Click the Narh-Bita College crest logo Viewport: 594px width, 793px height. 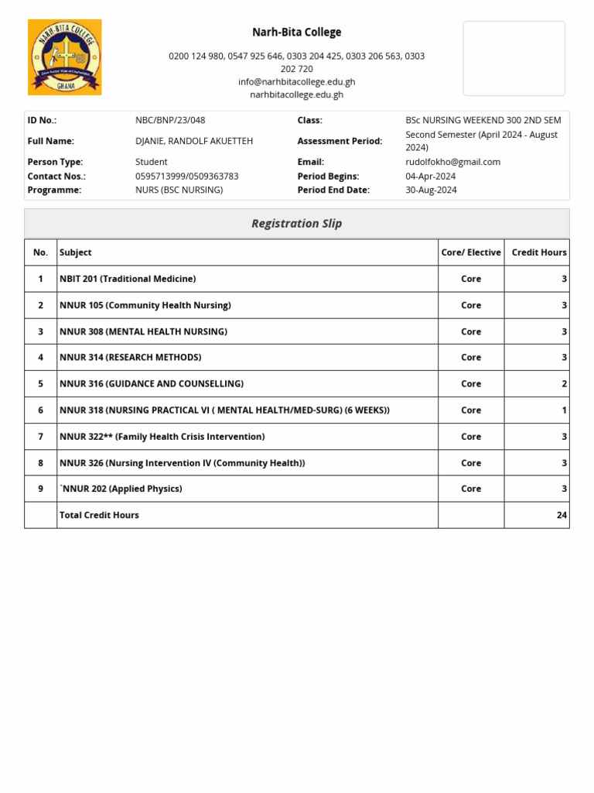65,57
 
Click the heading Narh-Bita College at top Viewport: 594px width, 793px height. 296,33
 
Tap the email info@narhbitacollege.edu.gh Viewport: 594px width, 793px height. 296,82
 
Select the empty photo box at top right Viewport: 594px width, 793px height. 514,59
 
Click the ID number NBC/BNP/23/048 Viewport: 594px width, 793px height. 170,120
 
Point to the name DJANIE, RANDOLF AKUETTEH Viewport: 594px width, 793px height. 194,141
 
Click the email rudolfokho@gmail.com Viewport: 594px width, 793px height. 452,162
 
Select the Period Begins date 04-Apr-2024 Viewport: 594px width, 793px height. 430,177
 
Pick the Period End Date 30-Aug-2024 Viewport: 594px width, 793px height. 431,190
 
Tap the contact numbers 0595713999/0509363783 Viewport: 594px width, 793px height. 186,177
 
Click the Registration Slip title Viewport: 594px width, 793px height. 296,224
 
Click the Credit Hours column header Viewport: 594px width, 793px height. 538,252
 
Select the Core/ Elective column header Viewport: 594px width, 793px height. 471,252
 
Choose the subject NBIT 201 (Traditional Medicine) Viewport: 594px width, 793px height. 128,279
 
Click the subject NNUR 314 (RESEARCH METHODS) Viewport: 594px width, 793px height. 130,358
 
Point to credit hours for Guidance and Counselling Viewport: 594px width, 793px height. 564,384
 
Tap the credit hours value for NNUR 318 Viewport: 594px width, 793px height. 564,410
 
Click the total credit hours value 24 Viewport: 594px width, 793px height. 562,515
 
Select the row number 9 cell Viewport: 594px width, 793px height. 40,489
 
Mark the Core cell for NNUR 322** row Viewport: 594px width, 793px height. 471,437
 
